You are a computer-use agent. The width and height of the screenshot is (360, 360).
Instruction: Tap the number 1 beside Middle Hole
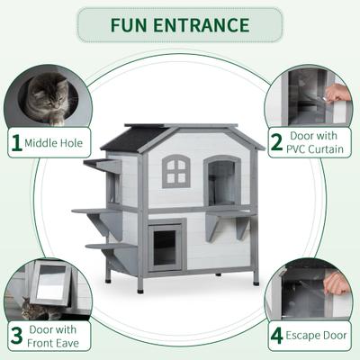(15, 142)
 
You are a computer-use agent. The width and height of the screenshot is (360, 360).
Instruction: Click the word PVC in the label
(300, 149)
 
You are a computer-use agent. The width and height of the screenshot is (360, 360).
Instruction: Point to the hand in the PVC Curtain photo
(337, 92)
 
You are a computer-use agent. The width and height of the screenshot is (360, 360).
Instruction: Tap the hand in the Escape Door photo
(337, 283)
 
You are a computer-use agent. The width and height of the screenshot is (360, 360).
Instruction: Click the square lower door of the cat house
(166, 246)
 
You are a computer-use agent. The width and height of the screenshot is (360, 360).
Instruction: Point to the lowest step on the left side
(103, 244)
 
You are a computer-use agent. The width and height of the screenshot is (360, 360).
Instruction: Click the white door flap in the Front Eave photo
(46, 287)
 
